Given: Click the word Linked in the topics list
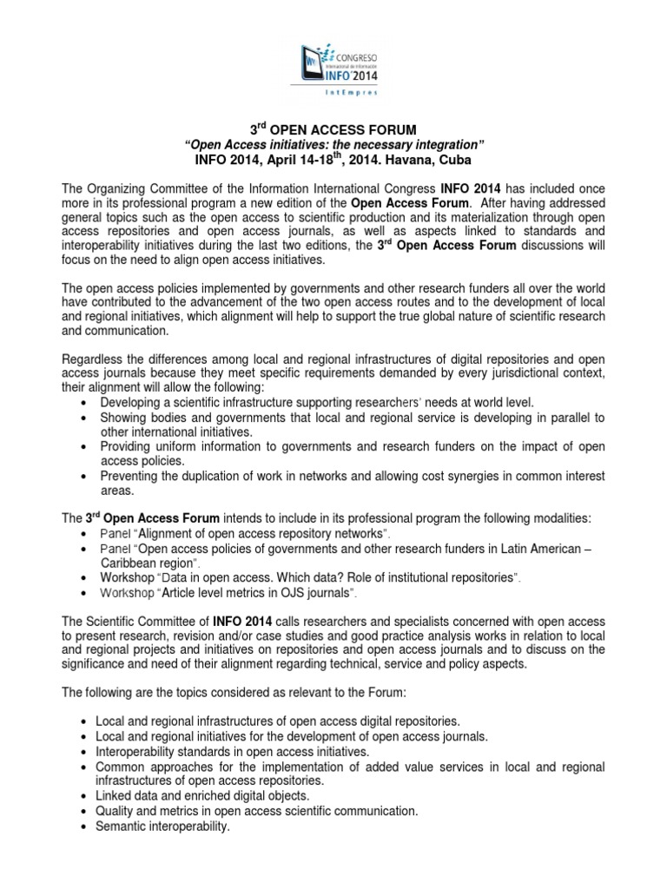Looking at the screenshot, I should coord(115,795).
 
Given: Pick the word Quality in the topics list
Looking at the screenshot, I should coord(116,810).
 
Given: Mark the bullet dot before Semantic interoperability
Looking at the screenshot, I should coord(81,826).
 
